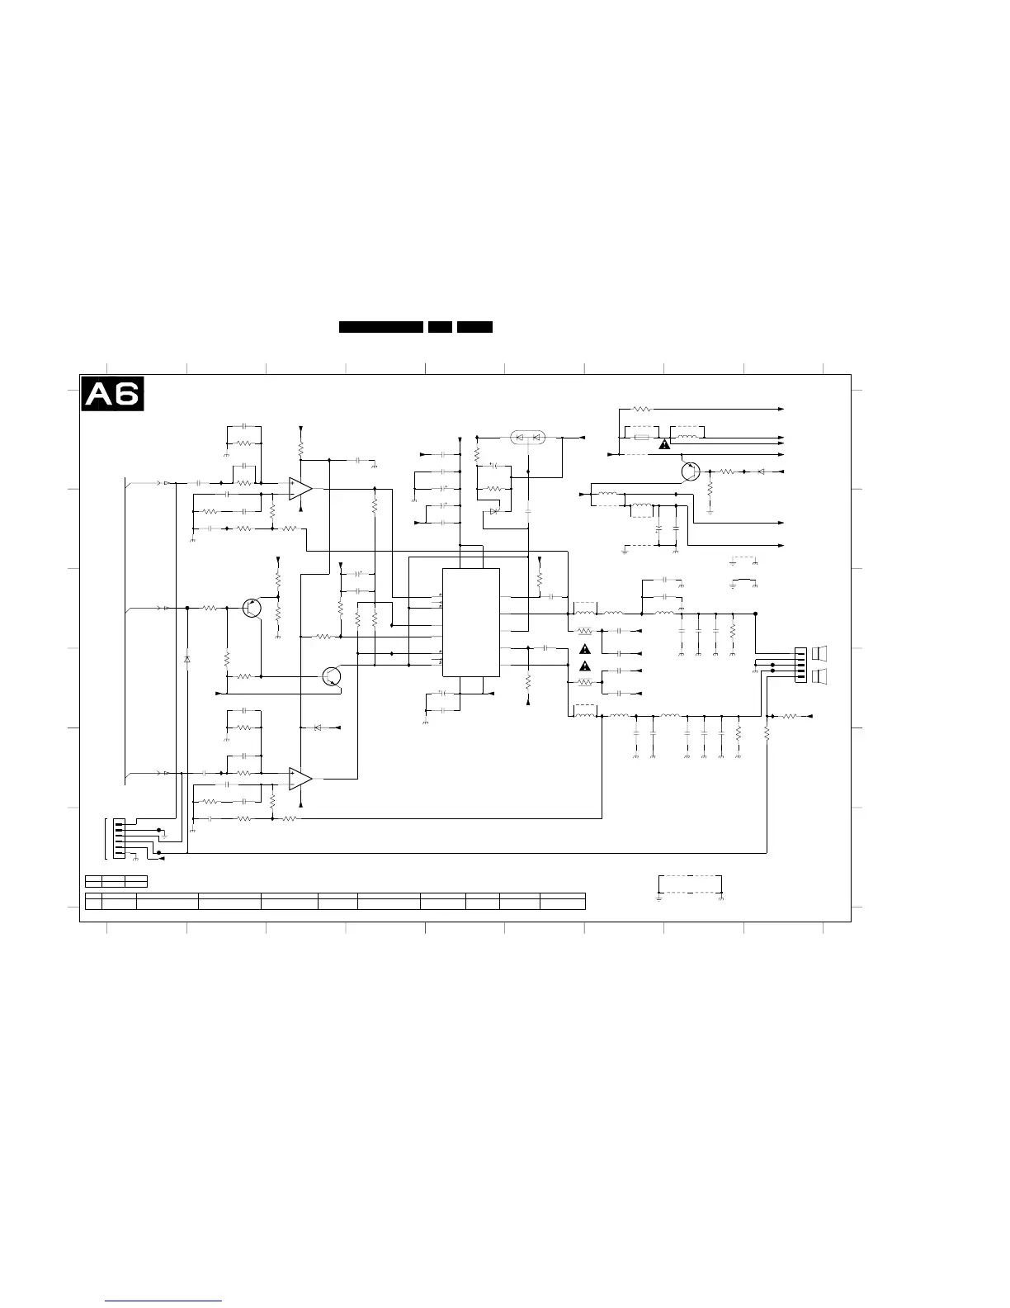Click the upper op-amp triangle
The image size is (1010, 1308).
point(300,489)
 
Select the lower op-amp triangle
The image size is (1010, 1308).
point(300,778)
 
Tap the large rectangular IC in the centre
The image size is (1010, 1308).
point(470,622)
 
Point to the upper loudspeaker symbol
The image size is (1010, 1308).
point(819,654)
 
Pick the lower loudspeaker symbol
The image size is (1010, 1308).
point(819,677)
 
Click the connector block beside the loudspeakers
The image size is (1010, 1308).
point(799,665)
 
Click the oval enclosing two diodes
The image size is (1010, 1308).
point(528,437)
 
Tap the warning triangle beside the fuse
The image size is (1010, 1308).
point(663,444)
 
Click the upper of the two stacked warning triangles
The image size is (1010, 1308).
point(585,649)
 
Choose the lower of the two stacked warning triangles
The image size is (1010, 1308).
point(585,666)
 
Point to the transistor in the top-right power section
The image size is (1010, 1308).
point(691,472)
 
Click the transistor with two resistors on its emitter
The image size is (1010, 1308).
point(252,607)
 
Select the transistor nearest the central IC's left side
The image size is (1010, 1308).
point(332,676)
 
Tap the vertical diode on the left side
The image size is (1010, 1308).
point(187,659)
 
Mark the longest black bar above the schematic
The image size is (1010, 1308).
point(381,327)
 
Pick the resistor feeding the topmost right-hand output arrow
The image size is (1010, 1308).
point(641,409)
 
